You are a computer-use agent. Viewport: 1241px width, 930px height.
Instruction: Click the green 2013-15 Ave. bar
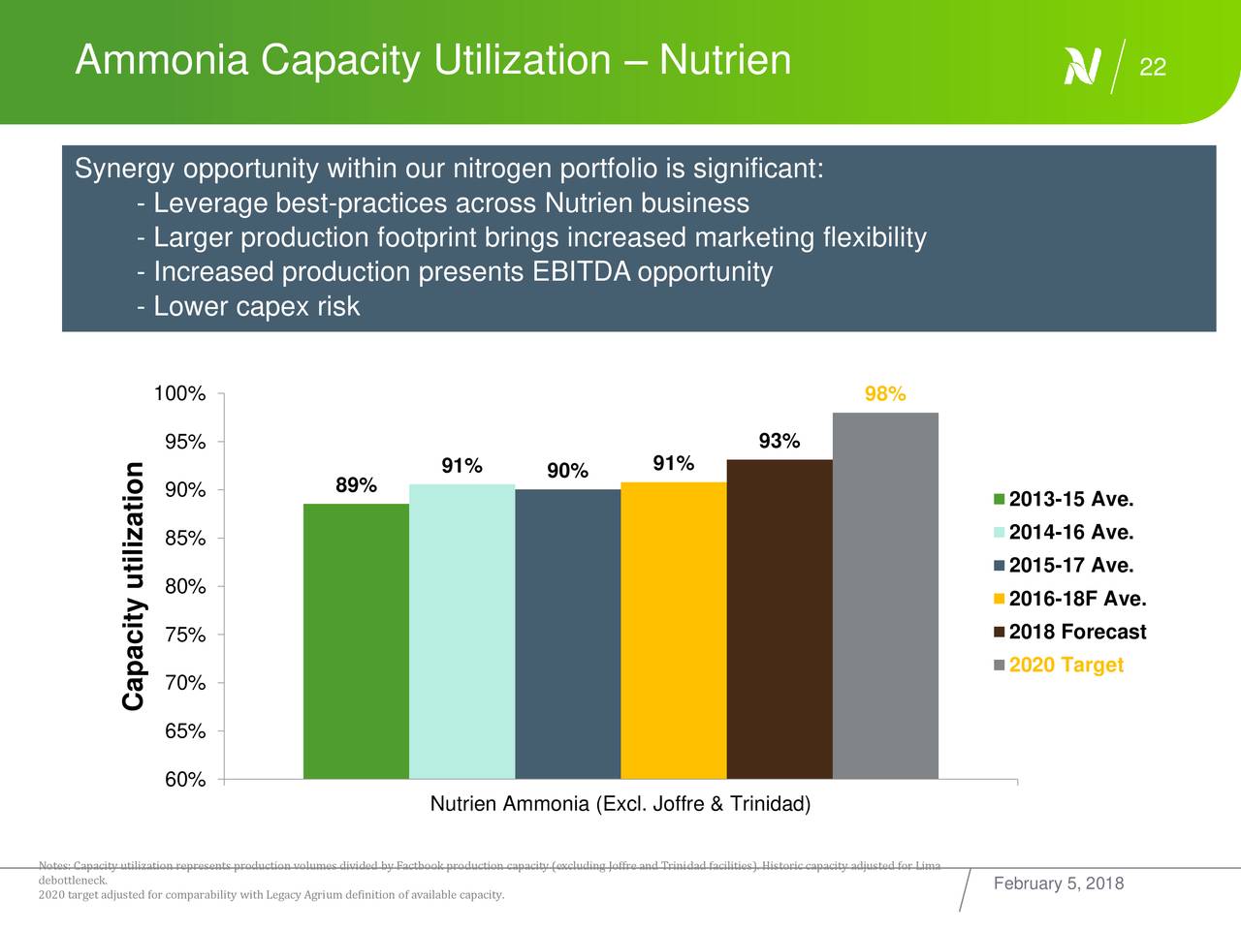coord(356,641)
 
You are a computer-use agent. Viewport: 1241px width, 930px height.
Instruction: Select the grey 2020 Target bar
coord(885,596)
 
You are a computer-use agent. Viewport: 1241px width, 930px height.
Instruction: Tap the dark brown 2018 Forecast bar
coord(780,619)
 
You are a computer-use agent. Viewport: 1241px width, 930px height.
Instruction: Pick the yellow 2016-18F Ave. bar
coord(674,631)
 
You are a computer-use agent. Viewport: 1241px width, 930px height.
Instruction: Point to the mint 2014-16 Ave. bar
coord(461,632)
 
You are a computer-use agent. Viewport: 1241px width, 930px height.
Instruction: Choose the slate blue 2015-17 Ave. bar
coord(568,634)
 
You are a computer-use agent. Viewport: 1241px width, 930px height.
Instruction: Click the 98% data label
coord(885,394)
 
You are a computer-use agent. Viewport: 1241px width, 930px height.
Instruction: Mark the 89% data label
coord(356,485)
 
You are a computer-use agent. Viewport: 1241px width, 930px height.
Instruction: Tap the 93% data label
coord(780,442)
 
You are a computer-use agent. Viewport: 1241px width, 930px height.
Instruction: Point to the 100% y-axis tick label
coord(179,394)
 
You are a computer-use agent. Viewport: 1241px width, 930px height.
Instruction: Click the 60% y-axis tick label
coord(184,781)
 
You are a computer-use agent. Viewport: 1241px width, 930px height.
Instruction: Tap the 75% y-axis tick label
coord(184,635)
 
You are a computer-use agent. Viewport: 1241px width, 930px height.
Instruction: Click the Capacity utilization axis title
coord(134,586)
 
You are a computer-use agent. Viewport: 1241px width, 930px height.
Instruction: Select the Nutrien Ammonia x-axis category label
coord(620,805)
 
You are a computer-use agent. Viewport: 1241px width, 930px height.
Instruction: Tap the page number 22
coord(1152,67)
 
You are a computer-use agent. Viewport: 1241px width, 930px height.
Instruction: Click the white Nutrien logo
coord(1082,66)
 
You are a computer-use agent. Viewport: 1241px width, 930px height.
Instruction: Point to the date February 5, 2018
coord(1059,883)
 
